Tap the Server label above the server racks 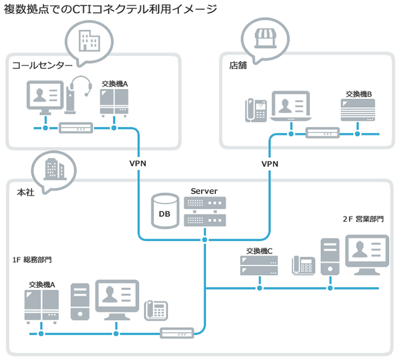pyautogui.click(x=204, y=191)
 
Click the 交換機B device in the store pyautogui.click(x=357, y=110)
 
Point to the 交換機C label pyautogui.click(x=258, y=251)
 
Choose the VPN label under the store pyautogui.click(x=269, y=164)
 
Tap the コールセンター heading pyautogui.click(x=42, y=65)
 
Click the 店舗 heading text pyautogui.click(x=238, y=65)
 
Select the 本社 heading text pyautogui.click(x=26, y=192)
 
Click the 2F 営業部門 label pyautogui.click(x=363, y=219)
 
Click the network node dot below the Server pyautogui.click(x=205, y=240)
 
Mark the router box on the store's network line pyautogui.click(x=323, y=133)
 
